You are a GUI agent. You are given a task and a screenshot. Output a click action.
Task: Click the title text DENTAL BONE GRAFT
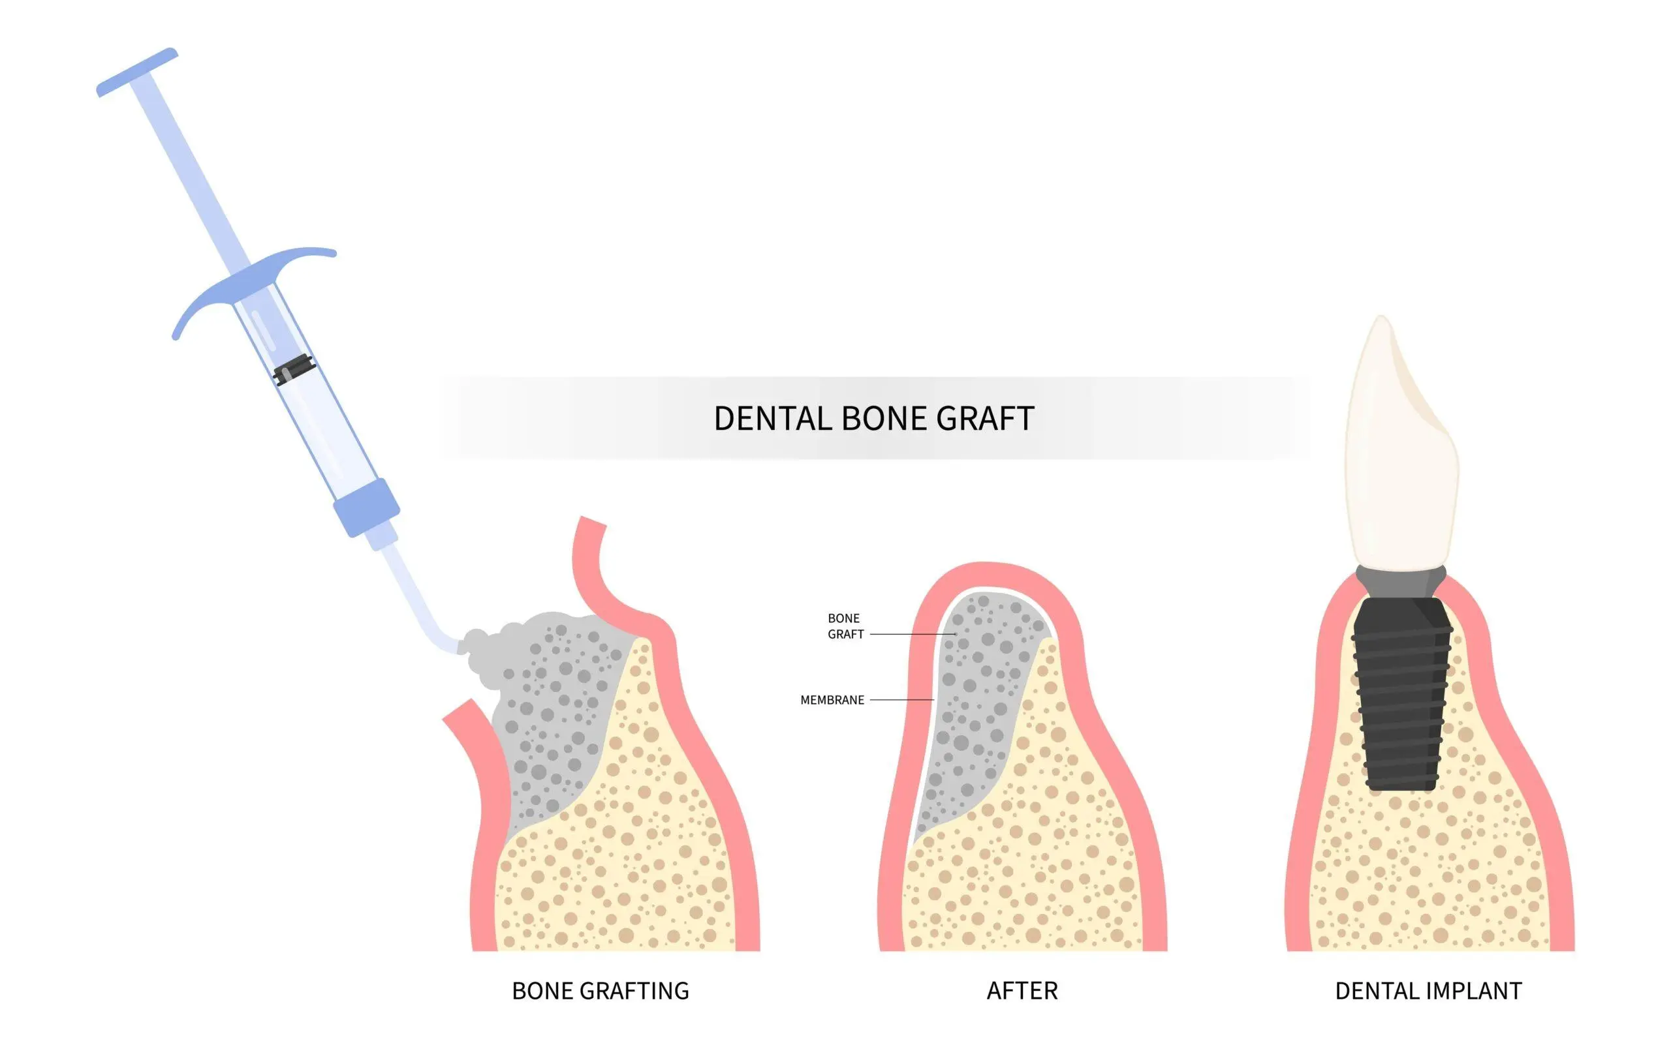873,419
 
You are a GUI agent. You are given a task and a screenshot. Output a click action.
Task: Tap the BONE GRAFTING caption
601,991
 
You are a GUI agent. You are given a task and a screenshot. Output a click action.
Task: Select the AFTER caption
1022,991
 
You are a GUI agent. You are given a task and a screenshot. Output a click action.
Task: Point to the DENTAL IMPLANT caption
1429,991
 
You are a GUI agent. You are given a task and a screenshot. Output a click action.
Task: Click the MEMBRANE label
832,700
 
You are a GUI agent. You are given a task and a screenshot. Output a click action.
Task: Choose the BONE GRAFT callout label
845,626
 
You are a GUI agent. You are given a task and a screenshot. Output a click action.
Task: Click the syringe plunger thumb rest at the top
136,72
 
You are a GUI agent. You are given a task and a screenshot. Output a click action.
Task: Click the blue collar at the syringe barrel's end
366,507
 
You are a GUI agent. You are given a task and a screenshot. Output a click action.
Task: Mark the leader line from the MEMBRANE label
902,700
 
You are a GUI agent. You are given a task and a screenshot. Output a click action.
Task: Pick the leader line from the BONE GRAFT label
913,634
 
